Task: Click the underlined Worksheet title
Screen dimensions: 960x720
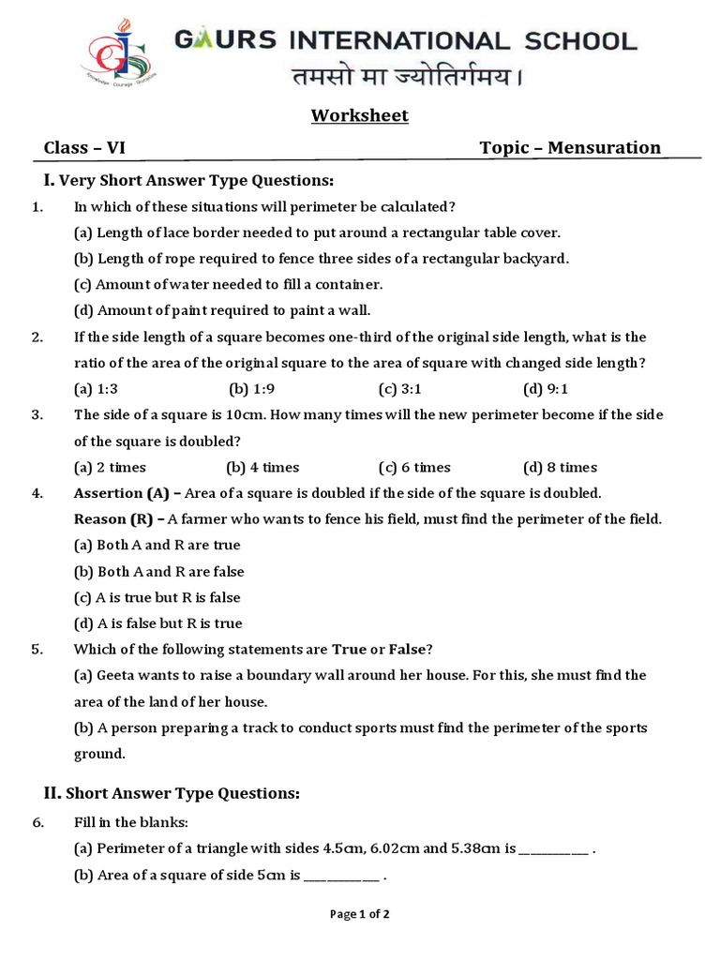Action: click(360, 116)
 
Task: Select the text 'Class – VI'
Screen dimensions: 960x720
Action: click(84, 147)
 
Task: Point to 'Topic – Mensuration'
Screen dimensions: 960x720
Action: click(570, 147)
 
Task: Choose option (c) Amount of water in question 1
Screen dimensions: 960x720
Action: click(228, 284)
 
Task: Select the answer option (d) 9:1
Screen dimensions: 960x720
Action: click(546, 388)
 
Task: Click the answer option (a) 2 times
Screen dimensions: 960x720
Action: click(110, 467)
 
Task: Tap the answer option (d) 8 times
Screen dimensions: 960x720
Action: click(560, 467)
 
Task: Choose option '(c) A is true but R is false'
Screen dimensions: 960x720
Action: click(157, 597)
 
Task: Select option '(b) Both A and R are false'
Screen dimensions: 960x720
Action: click(158, 571)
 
